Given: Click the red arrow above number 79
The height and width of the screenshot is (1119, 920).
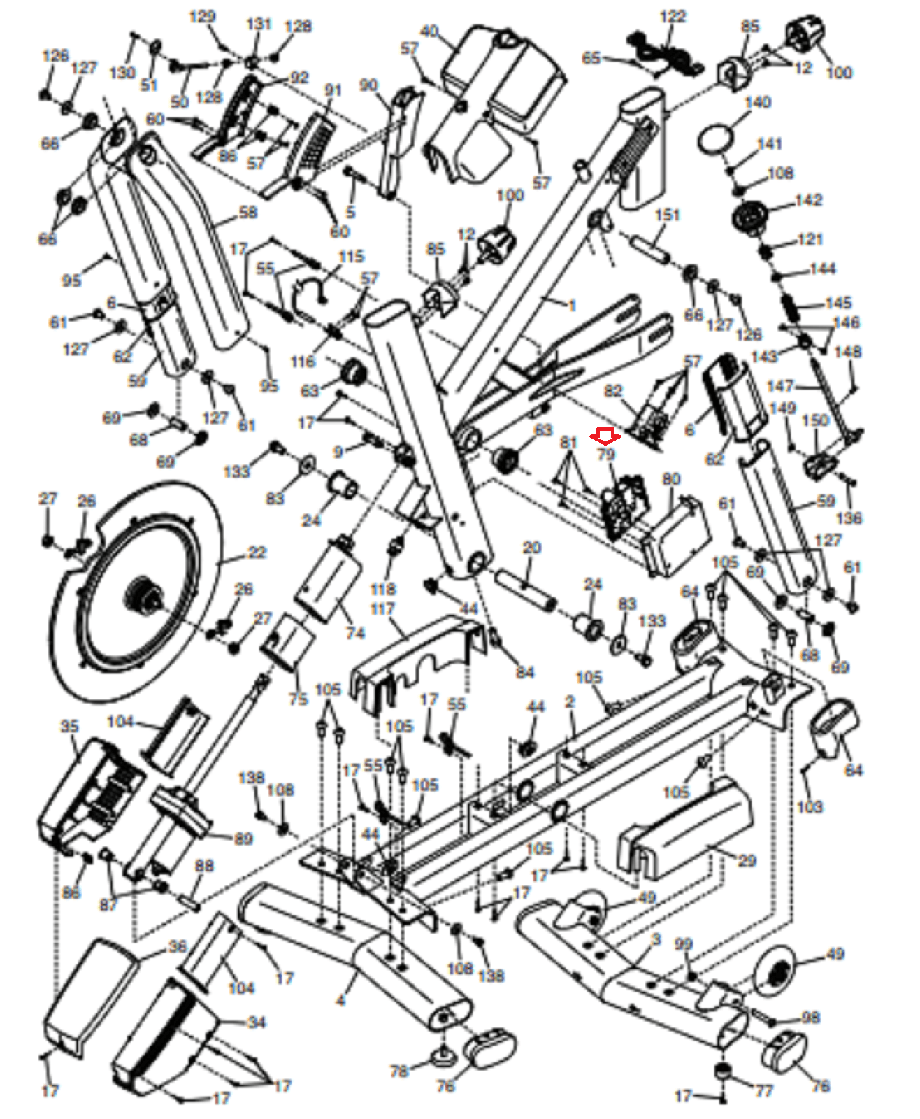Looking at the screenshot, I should click(605, 437).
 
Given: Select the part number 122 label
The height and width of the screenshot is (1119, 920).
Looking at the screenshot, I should click(673, 16).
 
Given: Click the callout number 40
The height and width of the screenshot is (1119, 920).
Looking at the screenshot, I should click(429, 31).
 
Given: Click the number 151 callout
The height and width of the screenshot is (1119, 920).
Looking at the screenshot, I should click(667, 215).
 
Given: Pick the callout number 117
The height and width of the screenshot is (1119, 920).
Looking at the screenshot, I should click(382, 609).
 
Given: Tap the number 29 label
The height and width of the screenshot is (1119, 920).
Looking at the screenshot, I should click(747, 860).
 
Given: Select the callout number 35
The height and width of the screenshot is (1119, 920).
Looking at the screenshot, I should click(70, 727).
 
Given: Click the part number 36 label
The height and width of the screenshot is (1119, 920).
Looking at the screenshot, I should click(178, 947).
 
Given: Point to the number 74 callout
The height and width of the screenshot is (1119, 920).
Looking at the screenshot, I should click(355, 633).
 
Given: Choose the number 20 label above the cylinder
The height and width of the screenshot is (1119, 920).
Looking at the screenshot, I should click(532, 548).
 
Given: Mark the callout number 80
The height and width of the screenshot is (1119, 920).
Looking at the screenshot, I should click(671, 479).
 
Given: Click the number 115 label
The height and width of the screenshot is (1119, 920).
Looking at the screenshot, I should click(351, 257).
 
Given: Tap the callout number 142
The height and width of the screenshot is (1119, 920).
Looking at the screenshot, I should click(808, 200).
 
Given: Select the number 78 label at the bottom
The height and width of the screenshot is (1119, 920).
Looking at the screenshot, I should click(398, 1071).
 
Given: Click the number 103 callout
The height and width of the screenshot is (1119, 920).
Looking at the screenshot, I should click(810, 806).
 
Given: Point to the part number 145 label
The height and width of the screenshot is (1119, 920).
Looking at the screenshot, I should click(838, 303).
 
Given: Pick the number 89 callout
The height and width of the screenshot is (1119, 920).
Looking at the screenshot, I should click(243, 838).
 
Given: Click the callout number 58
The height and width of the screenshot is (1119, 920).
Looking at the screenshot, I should click(248, 212).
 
